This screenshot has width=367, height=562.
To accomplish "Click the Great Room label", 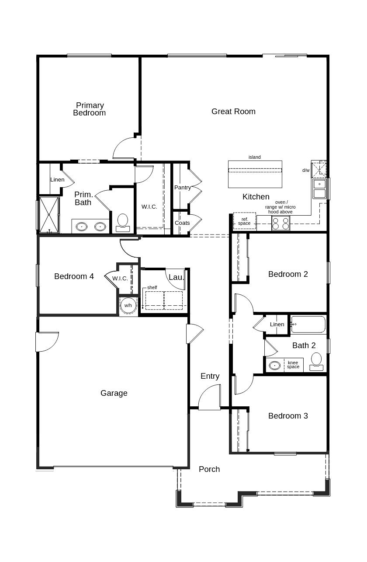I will [x=233, y=112].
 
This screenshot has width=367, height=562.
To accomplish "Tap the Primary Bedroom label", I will [x=90, y=109].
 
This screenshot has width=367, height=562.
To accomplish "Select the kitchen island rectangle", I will [x=255, y=174].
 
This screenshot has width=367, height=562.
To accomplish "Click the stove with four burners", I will [x=280, y=223].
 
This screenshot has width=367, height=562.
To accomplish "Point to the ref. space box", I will [x=244, y=222].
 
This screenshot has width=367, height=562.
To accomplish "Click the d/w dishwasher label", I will [x=306, y=171].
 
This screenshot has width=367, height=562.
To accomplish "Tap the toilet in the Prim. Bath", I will [x=123, y=222].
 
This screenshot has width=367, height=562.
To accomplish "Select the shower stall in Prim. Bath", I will [x=48, y=214].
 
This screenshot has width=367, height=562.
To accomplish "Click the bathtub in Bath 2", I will [x=308, y=325].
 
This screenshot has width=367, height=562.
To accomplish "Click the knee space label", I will [x=293, y=365].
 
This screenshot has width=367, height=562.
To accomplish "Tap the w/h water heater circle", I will [x=128, y=305].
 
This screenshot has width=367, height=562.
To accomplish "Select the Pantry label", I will [x=182, y=188].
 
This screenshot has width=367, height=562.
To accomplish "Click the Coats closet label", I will [x=182, y=223].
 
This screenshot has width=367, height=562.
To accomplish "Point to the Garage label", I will [x=114, y=393].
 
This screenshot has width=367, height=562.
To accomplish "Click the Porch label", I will [x=209, y=469].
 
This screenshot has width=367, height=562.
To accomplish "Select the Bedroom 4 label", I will [x=74, y=276].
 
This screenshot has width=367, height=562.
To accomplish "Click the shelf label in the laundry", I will [x=152, y=287].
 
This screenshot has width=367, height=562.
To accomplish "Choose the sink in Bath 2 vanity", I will [x=275, y=365].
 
